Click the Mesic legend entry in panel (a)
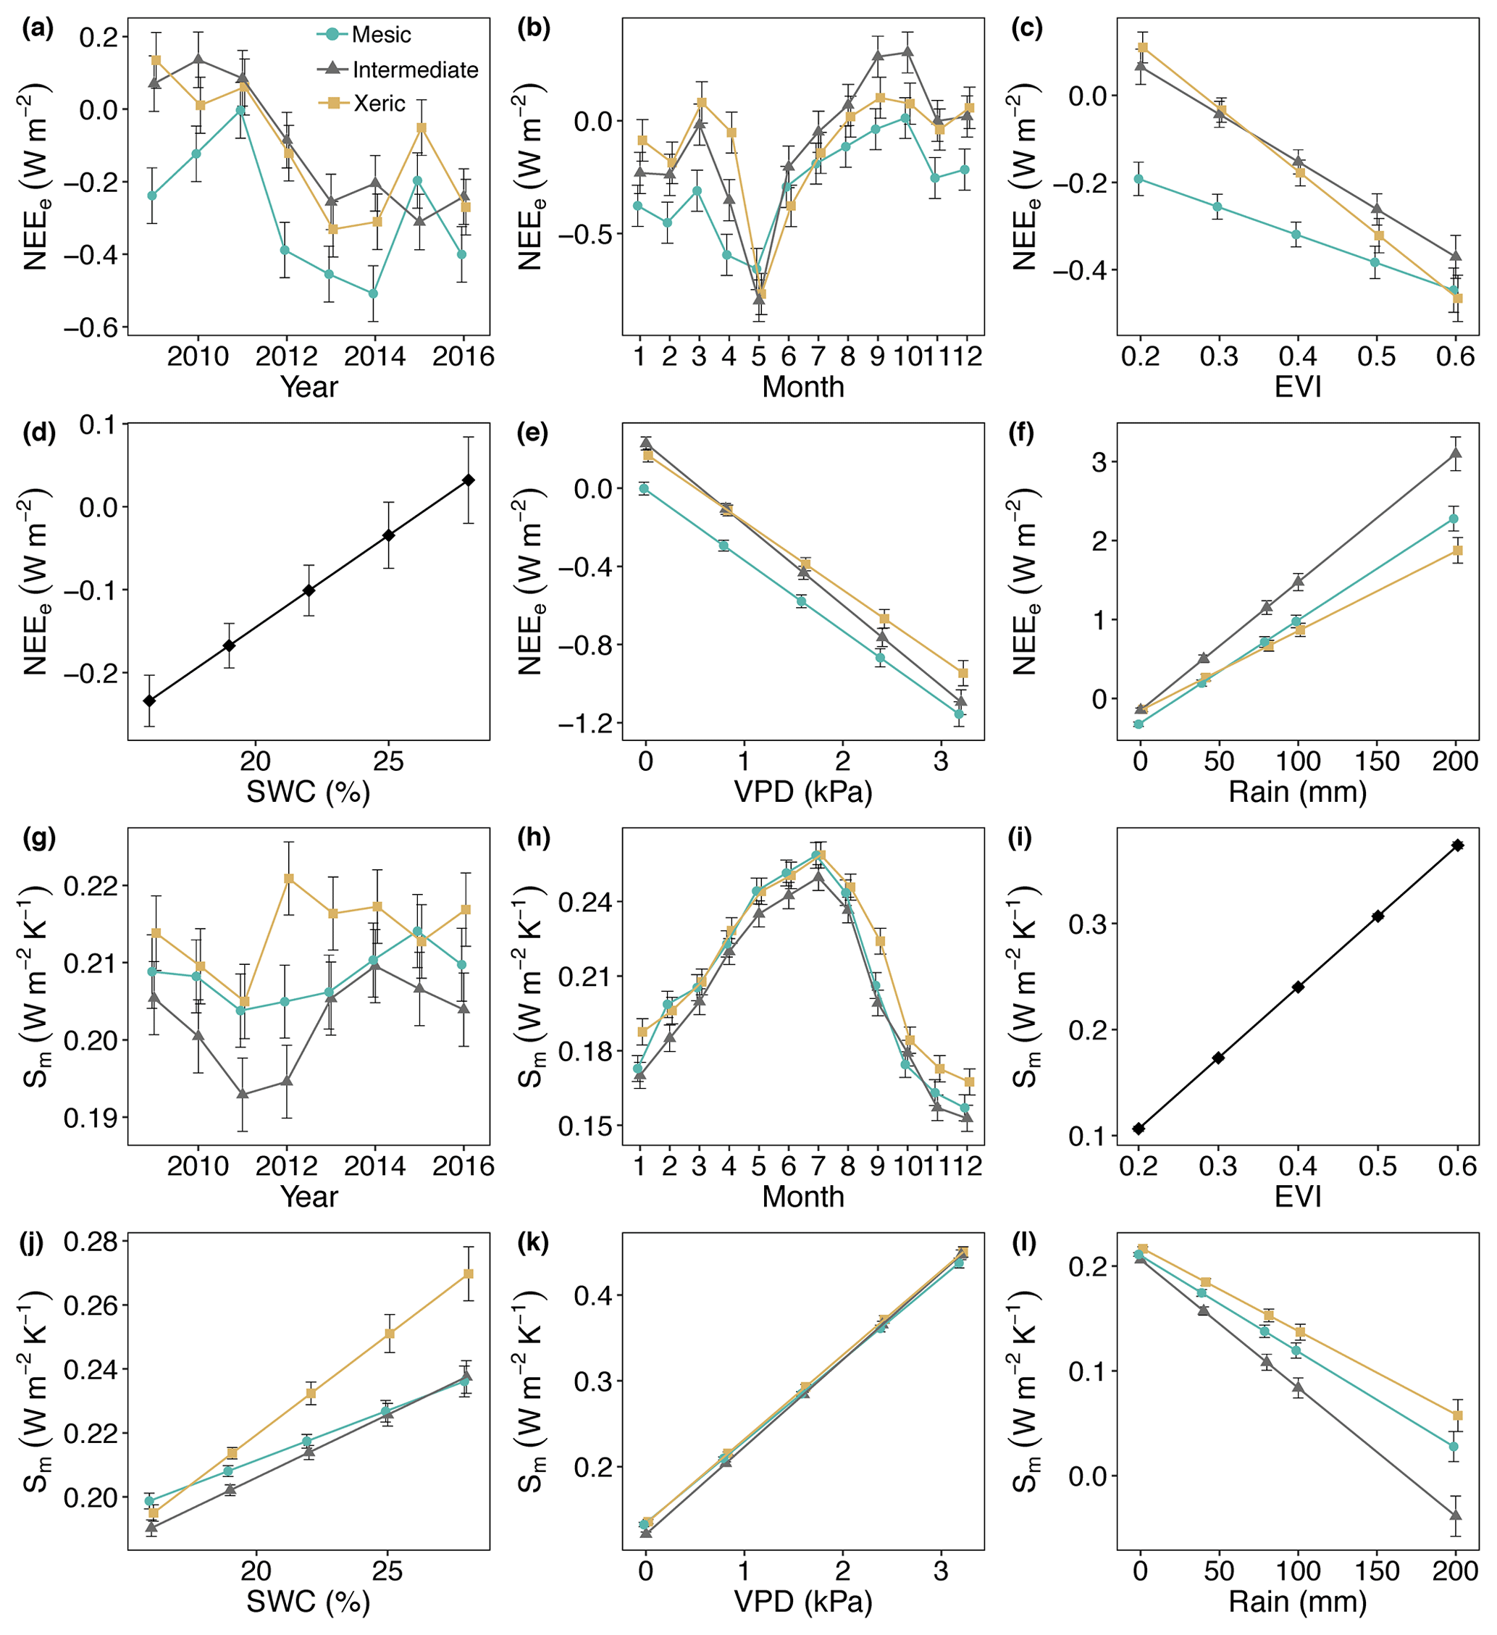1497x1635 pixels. coord(380,35)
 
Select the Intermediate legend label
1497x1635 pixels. coord(414,70)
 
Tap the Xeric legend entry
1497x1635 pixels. coord(379,104)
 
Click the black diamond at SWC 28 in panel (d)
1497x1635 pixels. coord(469,480)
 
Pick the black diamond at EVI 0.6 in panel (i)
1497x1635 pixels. coord(1457,845)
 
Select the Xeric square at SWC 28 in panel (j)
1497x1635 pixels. coord(469,1274)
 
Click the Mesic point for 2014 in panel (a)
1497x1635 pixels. coord(373,293)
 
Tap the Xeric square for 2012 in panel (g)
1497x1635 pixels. coord(289,878)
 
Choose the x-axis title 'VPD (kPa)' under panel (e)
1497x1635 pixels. coord(803,792)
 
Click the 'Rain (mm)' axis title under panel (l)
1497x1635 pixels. coord(1298,1602)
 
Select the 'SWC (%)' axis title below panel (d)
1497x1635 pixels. coord(308,792)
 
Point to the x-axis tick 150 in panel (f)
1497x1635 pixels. coord(1378,761)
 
